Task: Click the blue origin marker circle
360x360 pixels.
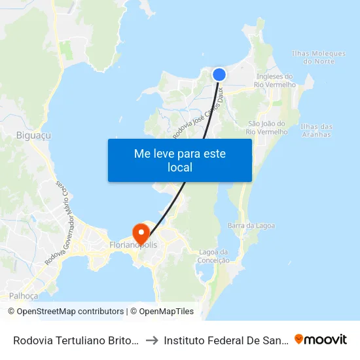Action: click(x=219, y=75)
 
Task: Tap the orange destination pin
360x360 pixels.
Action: click(x=140, y=232)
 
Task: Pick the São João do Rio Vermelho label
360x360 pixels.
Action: click(x=268, y=128)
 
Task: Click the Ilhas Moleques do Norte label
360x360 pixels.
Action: click(x=314, y=58)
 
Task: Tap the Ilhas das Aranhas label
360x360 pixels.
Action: click(x=315, y=130)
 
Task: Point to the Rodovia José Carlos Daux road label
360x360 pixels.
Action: click(x=200, y=115)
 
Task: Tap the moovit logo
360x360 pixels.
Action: click(x=321, y=339)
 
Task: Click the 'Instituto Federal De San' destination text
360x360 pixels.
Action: click(x=225, y=340)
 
